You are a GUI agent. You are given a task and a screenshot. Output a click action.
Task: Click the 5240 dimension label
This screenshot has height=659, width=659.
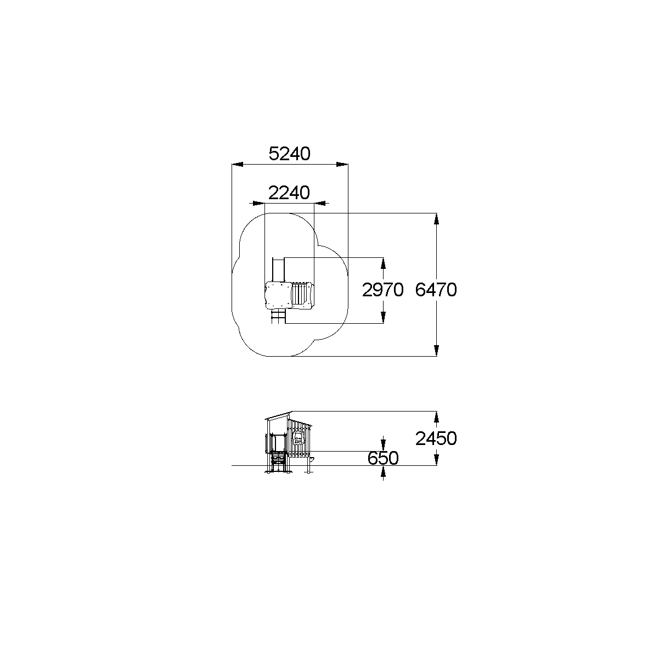pos(289,154)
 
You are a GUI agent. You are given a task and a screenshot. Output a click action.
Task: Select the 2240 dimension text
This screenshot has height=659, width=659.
pos(289,193)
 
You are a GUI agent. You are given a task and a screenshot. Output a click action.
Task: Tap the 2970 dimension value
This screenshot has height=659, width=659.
pos(382,290)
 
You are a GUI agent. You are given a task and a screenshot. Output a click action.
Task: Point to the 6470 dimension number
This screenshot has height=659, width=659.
pos(436,290)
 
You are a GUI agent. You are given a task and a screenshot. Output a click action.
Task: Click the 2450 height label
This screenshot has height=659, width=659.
pos(436,439)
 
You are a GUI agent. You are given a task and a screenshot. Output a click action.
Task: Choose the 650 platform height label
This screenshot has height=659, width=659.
pos(383,458)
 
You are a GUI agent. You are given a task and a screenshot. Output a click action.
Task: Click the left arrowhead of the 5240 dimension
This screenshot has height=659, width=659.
pos(238,165)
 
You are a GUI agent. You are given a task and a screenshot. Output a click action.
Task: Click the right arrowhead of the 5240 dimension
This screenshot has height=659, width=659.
pos(342,165)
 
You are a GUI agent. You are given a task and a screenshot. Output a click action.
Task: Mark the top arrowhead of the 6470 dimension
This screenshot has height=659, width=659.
pos(436,219)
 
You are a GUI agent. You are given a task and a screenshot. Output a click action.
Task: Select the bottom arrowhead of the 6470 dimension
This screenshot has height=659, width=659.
pos(436,351)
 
